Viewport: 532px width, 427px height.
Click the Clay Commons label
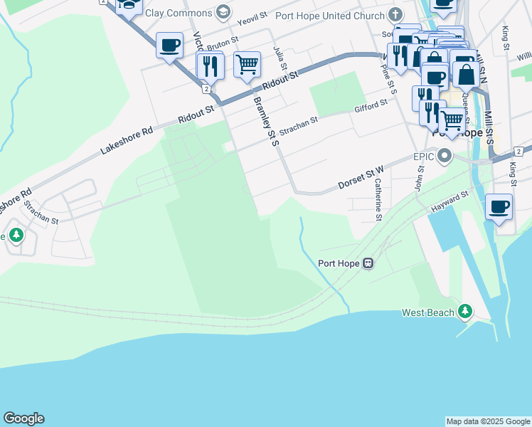tap(179, 13)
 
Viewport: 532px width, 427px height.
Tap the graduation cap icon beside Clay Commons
tap(224, 12)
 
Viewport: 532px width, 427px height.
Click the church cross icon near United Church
tap(396, 15)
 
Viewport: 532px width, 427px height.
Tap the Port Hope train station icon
tap(368, 263)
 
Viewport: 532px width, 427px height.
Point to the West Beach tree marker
tap(464, 311)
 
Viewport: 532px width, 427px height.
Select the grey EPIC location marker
tap(445, 155)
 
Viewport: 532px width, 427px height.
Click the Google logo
tap(23, 418)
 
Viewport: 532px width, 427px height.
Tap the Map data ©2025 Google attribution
tap(488, 421)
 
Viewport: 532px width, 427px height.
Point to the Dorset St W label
tap(361, 178)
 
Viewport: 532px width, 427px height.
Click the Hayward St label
tap(449, 201)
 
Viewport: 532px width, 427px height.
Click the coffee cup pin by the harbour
tap(499, 206)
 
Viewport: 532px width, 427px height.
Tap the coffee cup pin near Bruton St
tap(169, 45)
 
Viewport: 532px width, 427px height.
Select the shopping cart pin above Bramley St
tap(247, 65)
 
